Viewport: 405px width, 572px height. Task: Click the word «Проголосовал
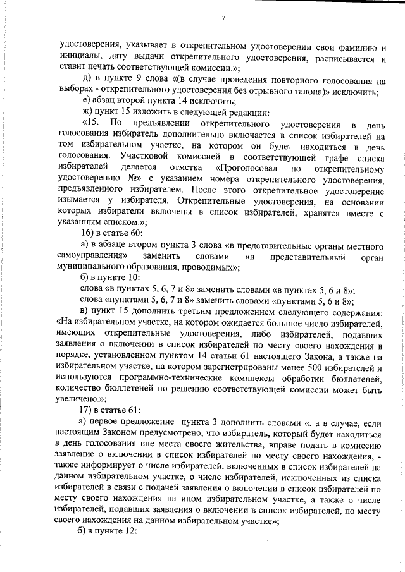[242, 169]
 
